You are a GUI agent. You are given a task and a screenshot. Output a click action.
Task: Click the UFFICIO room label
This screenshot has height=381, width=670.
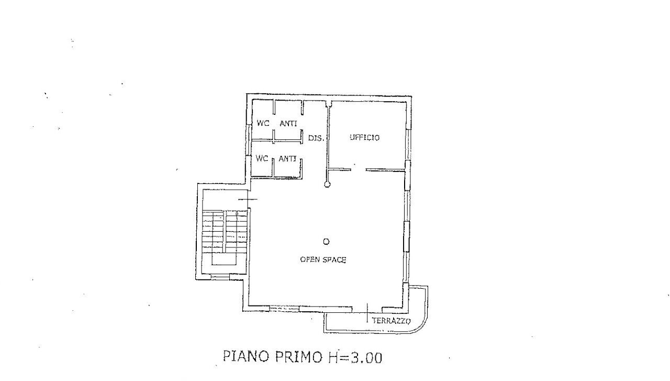tap(364, 138)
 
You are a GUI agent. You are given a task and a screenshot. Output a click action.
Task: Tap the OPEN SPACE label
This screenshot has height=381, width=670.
tap(323, 259)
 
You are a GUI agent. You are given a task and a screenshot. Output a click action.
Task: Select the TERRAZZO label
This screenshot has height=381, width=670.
tap(391, 321)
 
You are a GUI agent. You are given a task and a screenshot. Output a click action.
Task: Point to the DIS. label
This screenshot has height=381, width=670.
tap(317, 139)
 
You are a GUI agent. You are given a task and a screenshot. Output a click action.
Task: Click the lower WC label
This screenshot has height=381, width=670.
tap(262, 158)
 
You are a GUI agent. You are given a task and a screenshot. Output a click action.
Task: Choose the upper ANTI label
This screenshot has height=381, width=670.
tap(288, 124)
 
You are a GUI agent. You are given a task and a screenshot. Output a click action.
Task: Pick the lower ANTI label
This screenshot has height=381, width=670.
tap(288, 158)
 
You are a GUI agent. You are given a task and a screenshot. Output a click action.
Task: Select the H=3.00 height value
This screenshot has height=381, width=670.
tap(355, 357)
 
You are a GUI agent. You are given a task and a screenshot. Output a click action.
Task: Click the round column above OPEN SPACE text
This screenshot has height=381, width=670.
tap(326, 242)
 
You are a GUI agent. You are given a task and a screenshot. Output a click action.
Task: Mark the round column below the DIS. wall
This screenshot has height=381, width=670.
tap(327, 184)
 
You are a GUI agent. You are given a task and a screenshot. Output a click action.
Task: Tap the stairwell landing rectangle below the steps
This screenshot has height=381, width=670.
tap(224, 260)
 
